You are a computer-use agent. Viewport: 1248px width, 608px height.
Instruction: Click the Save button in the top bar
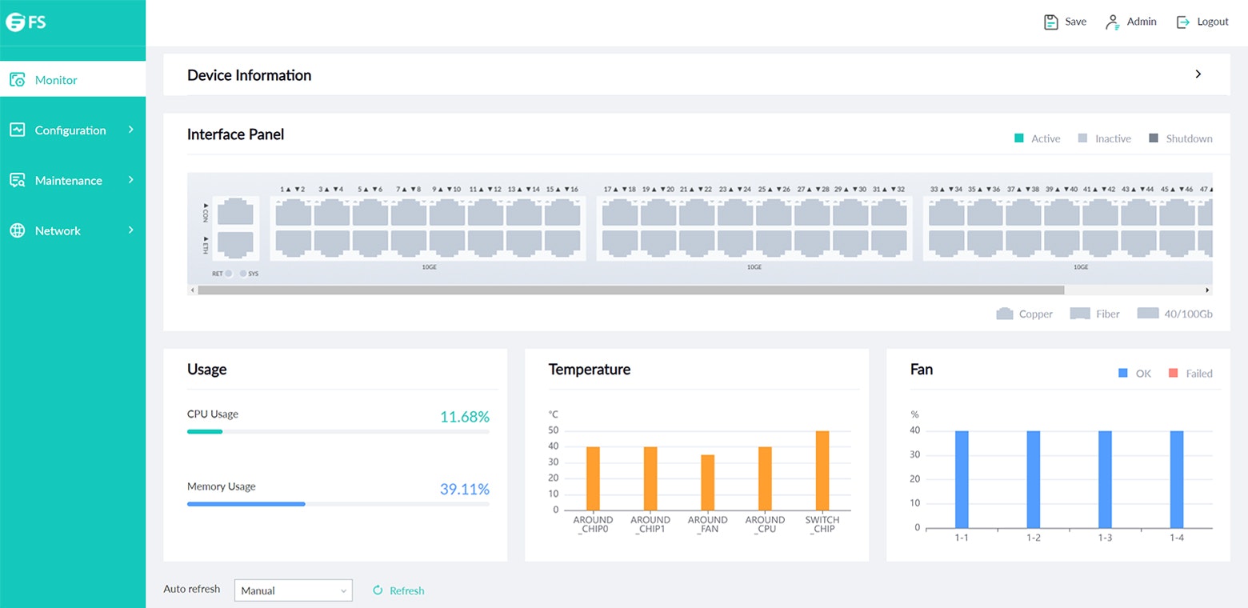(1065, 22)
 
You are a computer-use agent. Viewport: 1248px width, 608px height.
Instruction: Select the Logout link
(1202, 22)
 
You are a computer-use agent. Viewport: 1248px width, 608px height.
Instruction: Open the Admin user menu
(1131, 22)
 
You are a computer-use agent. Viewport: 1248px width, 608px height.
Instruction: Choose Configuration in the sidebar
(70, 130)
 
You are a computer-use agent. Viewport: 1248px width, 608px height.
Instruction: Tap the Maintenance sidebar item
(69, 181)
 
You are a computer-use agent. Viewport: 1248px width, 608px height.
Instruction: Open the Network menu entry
(58, 231)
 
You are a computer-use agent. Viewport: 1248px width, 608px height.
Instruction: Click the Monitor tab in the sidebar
(56, 80)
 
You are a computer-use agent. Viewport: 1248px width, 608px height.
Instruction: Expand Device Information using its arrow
(1198, 74)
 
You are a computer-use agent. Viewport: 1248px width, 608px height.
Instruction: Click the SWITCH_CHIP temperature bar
(822, 470)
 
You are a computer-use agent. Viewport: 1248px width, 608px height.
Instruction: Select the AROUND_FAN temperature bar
(707, 482)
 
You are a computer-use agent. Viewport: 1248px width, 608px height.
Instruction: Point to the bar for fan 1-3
(1105, 479)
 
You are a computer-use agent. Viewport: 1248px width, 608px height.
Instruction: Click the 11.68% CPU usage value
(464, 417)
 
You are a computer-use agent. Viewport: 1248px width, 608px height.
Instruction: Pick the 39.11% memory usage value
(464, 490)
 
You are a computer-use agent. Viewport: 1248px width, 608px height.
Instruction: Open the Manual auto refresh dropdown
(293, 590)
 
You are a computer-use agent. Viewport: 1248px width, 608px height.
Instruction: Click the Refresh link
(399, 591)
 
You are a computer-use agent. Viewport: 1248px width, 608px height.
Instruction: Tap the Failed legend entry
(1190, 374)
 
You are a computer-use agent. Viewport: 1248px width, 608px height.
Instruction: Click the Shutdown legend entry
(1180, 139)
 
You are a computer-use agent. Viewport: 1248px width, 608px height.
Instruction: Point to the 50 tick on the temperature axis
(553, 431)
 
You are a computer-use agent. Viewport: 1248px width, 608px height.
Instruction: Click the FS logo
(26, 22)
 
